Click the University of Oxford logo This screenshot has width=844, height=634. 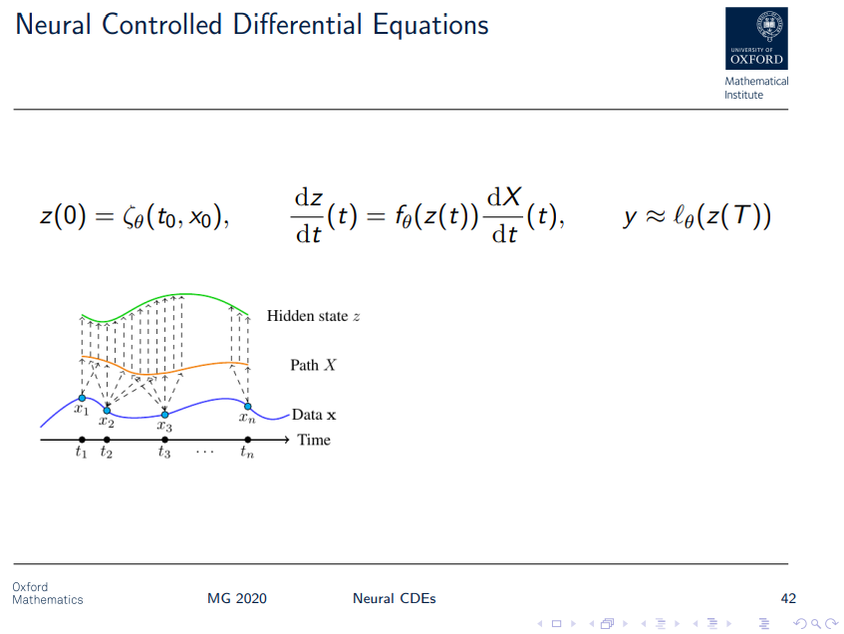pyautogui.click(x=756, y=38)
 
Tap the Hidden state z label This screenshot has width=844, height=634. pyautogui.click(x=313, y=316)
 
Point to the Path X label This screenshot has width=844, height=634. pyautogui.click(x=313, y=365)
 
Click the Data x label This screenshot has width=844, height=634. pyautogui.click(x=314, y=415)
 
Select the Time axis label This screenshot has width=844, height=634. pyautogui.click(x=314, y=440)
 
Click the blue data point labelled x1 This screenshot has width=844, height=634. pyautogui.click(x=82, y=398)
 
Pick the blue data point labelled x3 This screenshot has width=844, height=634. pyautogui.click(x=164, y=415)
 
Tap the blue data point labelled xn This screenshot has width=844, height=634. pyautogui.click(x=248, y=406)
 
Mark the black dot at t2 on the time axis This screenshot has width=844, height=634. pyautogui.click(x=107, y=440)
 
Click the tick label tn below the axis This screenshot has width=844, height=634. pyautogui.click(x=247, y=454)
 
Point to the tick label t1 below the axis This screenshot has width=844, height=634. pyautogui.click(x=81, y=454)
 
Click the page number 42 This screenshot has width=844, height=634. pyautogui.click(x=788, y=598)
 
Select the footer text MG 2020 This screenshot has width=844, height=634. pyautogui.click(x=237, y=598)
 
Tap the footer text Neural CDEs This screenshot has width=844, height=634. pyautogui.click(x=394, y=598)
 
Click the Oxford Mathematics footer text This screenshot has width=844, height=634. pyautogui.click(x=47, y=593)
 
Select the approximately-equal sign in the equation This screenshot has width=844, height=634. pyautogui.click(x=654, y=217)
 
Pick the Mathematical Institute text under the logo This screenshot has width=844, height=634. pyautogui.click(x=756, y=88)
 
